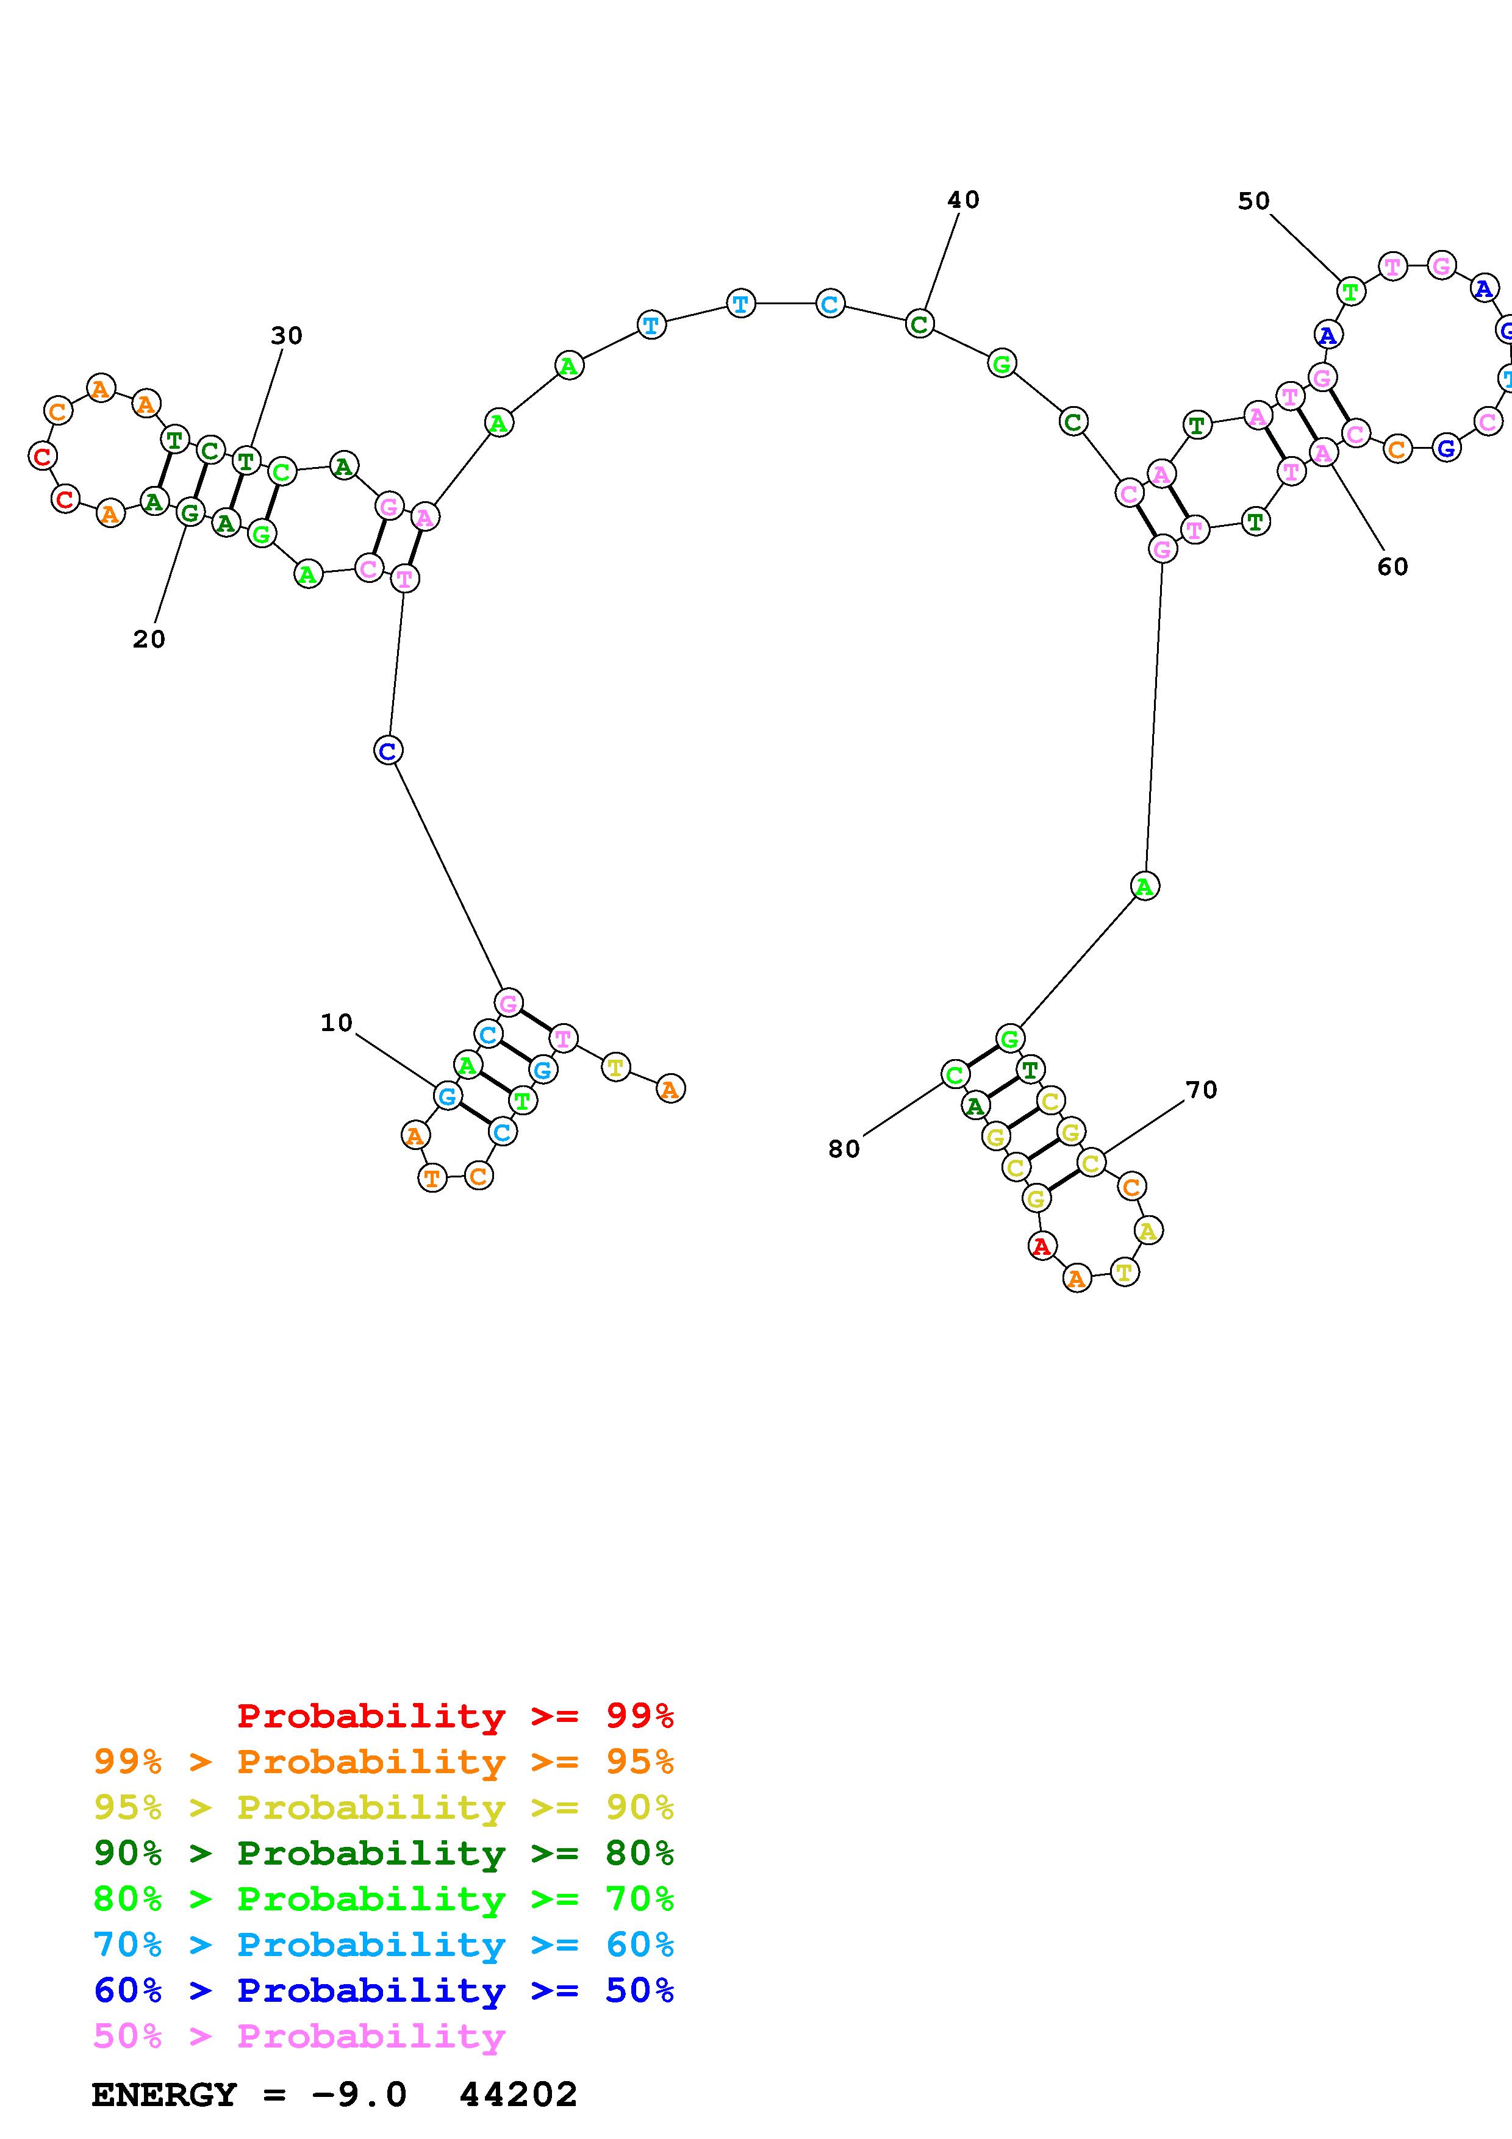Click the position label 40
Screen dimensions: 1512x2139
(x=963, y=200)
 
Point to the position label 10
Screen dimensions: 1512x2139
(x=336, y=1023)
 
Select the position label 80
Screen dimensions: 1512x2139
(x=844, y=1149)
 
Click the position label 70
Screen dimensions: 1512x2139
(x=1201, y=1090)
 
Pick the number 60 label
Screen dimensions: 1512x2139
(x=1392, y=567)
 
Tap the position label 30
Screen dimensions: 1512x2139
(x=287, y=335)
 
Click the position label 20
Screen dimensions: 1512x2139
(x=149, y=639)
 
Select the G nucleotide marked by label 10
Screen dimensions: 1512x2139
(x=447, y=1096)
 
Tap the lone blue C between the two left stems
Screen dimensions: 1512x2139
(x=387, y=750)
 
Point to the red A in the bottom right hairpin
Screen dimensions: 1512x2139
(x=1042, y=1246)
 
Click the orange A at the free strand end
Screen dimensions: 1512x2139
(x=670, y=1088)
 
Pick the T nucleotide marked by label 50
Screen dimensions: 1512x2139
(x=1350, y=291)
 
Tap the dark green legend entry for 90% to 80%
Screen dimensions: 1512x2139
(x=384, y=1853)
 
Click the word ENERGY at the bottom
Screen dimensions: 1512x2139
(x=164, y=2095)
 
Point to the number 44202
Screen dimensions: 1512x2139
(x=518, y=2095)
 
